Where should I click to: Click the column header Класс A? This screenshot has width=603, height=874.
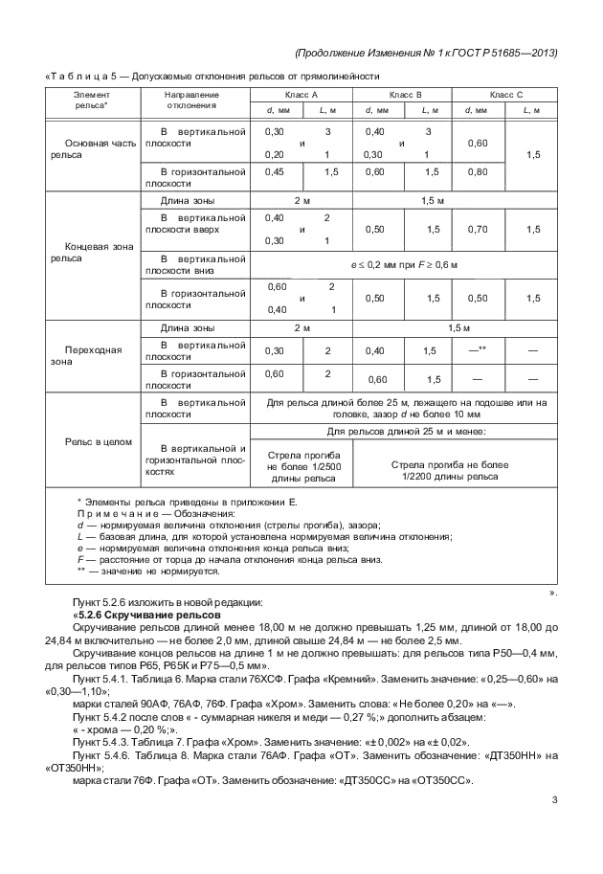point(301,95)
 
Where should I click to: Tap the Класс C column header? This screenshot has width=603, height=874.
point(506,95)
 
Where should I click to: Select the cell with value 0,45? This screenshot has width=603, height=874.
point(275,172)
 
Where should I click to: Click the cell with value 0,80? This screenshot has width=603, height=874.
point(476,172)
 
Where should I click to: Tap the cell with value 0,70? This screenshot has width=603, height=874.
point(476,230)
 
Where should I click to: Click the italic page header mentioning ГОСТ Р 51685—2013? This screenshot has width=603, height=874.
point(425,53)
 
